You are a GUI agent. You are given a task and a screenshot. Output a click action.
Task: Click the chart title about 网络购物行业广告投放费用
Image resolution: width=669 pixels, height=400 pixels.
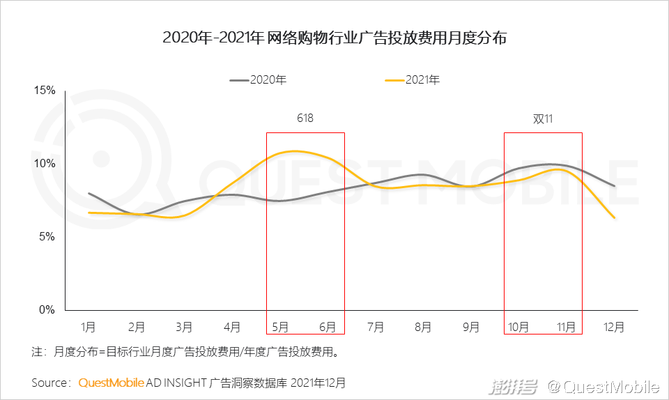coord(334,38)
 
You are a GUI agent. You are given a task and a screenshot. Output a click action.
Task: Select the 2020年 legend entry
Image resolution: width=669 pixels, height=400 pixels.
coord(259,80)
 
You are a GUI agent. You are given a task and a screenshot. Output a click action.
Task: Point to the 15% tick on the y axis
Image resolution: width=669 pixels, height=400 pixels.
coord(45,91)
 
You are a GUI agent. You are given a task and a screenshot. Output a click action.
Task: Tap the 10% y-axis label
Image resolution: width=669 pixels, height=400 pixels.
coord(45,164)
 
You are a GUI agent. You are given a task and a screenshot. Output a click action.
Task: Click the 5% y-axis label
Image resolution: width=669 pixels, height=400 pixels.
coord(47,237)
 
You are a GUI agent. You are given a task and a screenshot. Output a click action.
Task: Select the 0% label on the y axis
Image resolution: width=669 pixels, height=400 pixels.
coord(47,310)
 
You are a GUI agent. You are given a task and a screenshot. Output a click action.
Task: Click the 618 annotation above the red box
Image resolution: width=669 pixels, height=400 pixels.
coord(305,118)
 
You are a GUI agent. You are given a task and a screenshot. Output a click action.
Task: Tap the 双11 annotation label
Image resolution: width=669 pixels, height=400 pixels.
coord(543,118)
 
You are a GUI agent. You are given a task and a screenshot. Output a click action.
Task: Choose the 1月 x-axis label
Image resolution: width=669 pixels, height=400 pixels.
coord(89,326)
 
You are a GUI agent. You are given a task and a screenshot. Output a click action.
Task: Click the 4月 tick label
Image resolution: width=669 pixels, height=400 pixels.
coord(233,326)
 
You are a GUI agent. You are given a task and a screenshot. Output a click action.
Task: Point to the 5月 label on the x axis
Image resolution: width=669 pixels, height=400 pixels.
coord(281,326)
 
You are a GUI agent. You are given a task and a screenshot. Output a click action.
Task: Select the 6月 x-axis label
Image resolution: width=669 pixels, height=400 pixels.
coord(329,326)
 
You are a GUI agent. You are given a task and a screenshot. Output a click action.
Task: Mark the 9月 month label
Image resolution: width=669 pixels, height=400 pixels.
coord(471,326)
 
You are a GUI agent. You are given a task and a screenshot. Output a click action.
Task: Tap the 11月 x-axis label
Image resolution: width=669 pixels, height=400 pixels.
coord(567,326)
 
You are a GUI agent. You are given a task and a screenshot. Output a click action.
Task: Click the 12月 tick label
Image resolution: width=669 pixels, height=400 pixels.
coord(614,326)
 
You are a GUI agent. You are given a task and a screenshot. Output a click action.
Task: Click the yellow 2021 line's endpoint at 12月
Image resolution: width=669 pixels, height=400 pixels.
coord(614,217)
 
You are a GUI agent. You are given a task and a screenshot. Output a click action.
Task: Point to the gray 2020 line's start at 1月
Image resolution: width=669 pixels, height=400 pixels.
coord(89,194)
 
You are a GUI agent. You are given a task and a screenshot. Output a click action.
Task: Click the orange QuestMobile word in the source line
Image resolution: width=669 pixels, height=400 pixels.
coord(111,383)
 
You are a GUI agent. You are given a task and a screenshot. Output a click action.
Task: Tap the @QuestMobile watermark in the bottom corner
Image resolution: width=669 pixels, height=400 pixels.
coord(603,386)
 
